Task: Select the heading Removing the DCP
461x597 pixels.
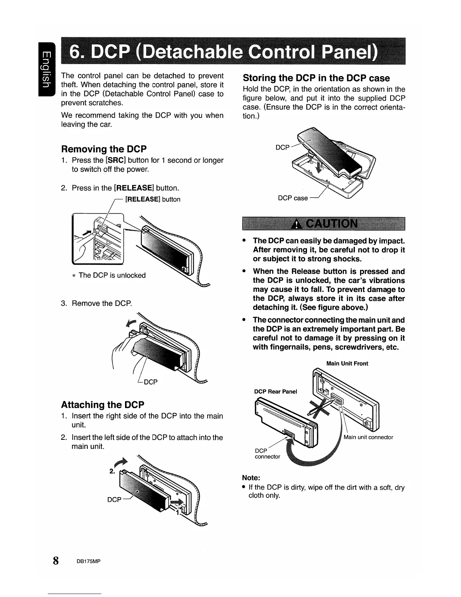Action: (104, 148)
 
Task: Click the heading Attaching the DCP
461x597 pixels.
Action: (102, 405)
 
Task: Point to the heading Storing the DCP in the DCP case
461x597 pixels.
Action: (316, 78)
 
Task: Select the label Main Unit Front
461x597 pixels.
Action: (347, 364)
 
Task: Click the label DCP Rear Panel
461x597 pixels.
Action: (276, 392)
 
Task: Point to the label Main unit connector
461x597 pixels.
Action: (368, 437)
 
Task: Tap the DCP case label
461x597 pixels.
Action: (293, 198)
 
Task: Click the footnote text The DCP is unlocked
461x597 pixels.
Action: (112, 276)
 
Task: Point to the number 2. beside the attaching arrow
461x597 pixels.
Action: (112, 471)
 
